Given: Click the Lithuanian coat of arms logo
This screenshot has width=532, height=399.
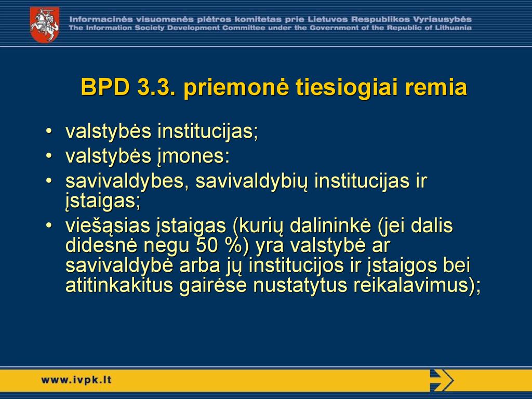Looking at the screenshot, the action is click(45, 25).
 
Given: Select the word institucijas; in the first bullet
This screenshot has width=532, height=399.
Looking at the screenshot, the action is click(208, 131).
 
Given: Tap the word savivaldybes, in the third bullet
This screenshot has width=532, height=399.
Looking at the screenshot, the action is click(127, 181).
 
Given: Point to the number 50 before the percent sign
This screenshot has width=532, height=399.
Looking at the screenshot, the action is click(207, 246).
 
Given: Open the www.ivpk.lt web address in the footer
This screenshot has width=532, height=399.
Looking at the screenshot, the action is click(76, 380).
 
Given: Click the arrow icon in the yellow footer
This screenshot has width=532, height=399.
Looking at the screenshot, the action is click(442, 380).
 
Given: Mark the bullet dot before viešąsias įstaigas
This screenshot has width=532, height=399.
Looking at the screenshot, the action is click(49, 225).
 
